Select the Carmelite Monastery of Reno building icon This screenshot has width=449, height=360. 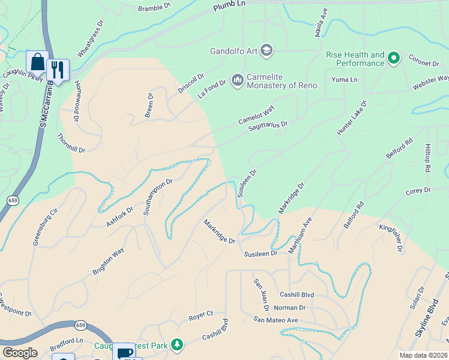(x=237, y=79)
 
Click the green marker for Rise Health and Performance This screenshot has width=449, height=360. (x=394, y=58)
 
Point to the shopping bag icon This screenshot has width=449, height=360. (x=37, y=62)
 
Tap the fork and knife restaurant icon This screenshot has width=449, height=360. (x=58, y=69)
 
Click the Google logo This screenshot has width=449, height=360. (x=20, y=353)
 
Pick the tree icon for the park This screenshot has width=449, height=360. (x=176, y=344)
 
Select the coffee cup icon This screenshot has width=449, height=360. (x=125, y=353)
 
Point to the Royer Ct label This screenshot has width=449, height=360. (x=201, y=314)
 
